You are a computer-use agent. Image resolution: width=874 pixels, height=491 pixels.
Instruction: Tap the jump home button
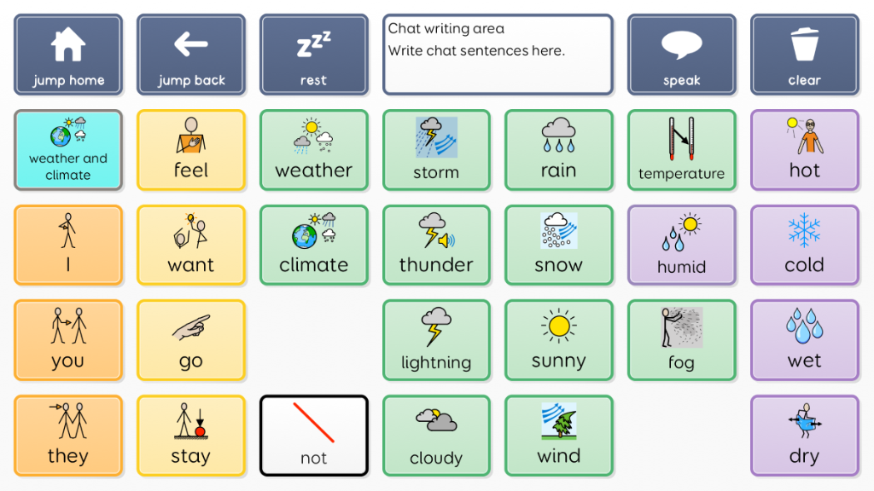tap(68, 55)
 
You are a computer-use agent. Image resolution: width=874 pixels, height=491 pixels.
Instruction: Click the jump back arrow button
tap(190, 55)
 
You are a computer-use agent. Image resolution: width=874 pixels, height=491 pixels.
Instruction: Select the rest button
tap(314, 55)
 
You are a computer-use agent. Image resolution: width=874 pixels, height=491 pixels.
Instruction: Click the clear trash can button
tap(804, 55)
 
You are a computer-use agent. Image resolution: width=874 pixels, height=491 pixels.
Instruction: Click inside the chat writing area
tap(498, 55)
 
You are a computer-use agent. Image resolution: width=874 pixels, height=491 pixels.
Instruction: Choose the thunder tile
tap(436, 245)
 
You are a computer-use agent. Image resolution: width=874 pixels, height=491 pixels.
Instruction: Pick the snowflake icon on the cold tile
tap(804, 230)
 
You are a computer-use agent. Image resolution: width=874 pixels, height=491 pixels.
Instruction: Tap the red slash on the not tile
tap(314, 423)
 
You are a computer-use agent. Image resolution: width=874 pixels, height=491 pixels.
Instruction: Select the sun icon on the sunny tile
tap(558, 326)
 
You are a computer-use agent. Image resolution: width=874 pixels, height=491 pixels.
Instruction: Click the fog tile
tap(682, 340)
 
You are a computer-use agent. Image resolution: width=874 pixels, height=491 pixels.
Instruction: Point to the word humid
tap(681, 267)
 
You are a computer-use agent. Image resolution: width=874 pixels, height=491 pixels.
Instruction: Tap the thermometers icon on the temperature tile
tap(682, 138)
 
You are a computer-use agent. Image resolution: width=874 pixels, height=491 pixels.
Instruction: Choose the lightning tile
tap(436, 340)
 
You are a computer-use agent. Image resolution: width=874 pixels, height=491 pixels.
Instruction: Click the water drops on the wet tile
tap(804, 326)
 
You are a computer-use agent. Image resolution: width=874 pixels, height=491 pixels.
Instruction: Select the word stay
tap(190, 456)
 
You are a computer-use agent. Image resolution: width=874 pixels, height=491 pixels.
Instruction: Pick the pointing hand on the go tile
tap(191, 327)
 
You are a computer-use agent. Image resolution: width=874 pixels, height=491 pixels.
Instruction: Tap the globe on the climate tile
tap(305, 236)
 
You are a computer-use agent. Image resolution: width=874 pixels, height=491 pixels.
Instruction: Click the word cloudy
tap(436, 458)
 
